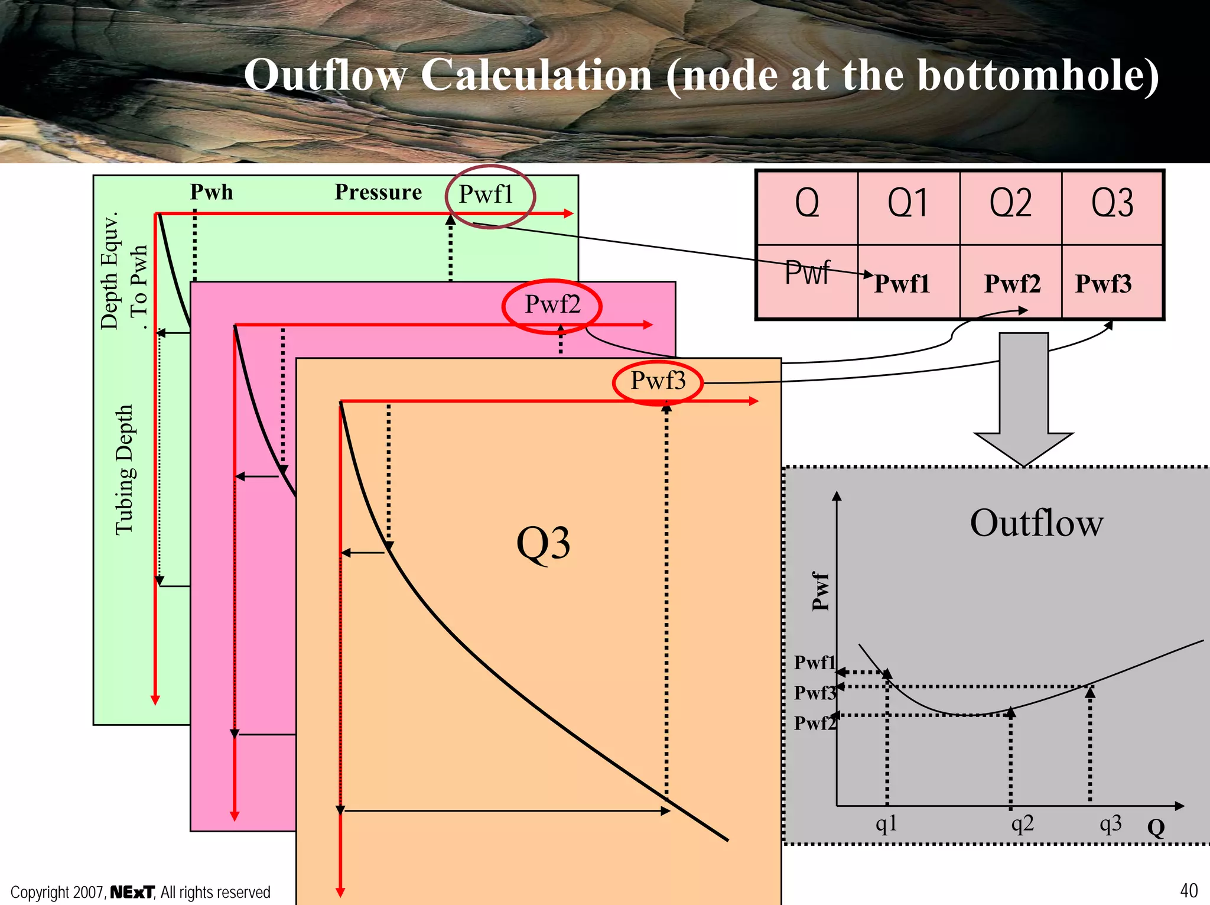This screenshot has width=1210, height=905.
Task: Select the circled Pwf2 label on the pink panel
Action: pos(552,304)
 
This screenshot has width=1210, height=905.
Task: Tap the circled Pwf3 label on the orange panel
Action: pos(658,381)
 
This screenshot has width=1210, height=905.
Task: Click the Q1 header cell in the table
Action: pos(908,204)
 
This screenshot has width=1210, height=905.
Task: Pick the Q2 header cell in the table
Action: pos(1010,204)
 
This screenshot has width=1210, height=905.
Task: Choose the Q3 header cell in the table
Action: pos(1112,204)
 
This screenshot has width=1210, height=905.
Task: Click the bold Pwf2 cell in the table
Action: pos(1012,284)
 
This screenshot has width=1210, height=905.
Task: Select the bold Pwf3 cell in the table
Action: pos(1103,284)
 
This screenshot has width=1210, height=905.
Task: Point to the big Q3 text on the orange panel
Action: pos(543,543)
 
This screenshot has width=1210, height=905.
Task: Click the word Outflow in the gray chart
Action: pos(1036,523)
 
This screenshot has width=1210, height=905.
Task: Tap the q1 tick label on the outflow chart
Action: pos(886,823)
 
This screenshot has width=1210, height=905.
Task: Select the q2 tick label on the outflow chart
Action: pos(1023,823)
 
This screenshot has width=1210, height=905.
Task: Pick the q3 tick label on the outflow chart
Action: pos(1110,823)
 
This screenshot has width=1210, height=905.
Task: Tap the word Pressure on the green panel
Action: pos(378,192)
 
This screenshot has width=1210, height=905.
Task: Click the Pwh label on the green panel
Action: pos(212,192)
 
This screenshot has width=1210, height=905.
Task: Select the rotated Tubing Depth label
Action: pos(125,470)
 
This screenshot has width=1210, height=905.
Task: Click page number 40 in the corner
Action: pos(1189,890)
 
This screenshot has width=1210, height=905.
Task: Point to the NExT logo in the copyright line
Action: pos(132,892)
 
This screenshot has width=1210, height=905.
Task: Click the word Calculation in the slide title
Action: pos(536,76)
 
